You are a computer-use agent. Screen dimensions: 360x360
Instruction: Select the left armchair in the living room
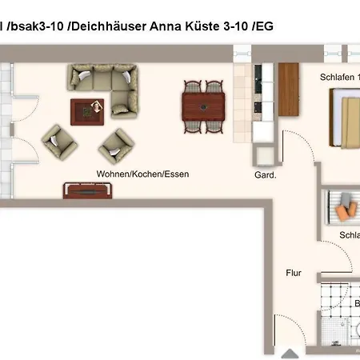pos(61,142)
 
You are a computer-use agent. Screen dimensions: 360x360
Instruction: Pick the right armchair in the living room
pos(117,145)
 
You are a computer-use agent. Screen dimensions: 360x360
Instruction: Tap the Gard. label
pos(265,174)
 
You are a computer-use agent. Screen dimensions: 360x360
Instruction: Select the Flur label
pos(294,273)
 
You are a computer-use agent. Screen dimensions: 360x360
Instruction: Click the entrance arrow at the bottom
pos(290,351)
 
